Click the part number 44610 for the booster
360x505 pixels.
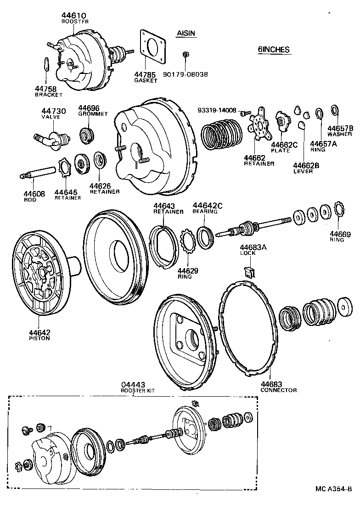(74, 15)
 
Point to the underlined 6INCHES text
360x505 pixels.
(274, 50)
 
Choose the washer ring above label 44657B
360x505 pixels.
(335, 111)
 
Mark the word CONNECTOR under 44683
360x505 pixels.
(278, 390)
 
